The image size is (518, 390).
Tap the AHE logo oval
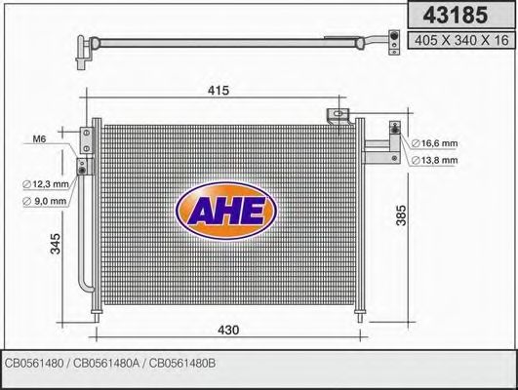225,211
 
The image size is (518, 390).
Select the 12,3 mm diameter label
47,183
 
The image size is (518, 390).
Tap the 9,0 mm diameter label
47,201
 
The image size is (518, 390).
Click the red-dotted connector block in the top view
391,40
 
